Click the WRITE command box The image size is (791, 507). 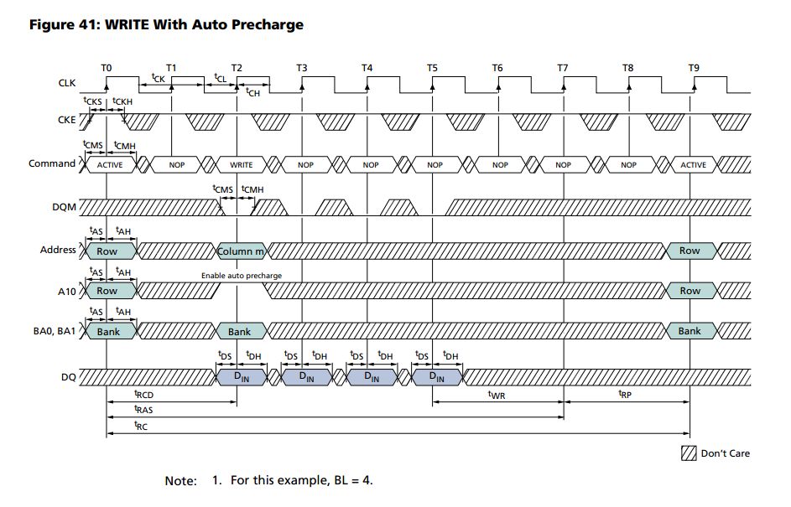click(x=241, y=165)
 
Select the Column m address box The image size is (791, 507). click(x=241, y=251)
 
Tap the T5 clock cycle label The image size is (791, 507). click(x=432, y=67)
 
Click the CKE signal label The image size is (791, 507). click(x=65, y=120)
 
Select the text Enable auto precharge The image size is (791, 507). click(x=241, y=275)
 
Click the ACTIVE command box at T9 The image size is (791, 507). click(x=693, y=165)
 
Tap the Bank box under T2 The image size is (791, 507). click(x=240, y=332)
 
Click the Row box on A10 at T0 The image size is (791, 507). click(x=107, y=291)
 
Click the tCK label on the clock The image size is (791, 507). click(x=157, y=77)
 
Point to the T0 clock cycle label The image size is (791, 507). click(x=106, y=67)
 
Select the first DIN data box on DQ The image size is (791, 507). click(x=242, y=378)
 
